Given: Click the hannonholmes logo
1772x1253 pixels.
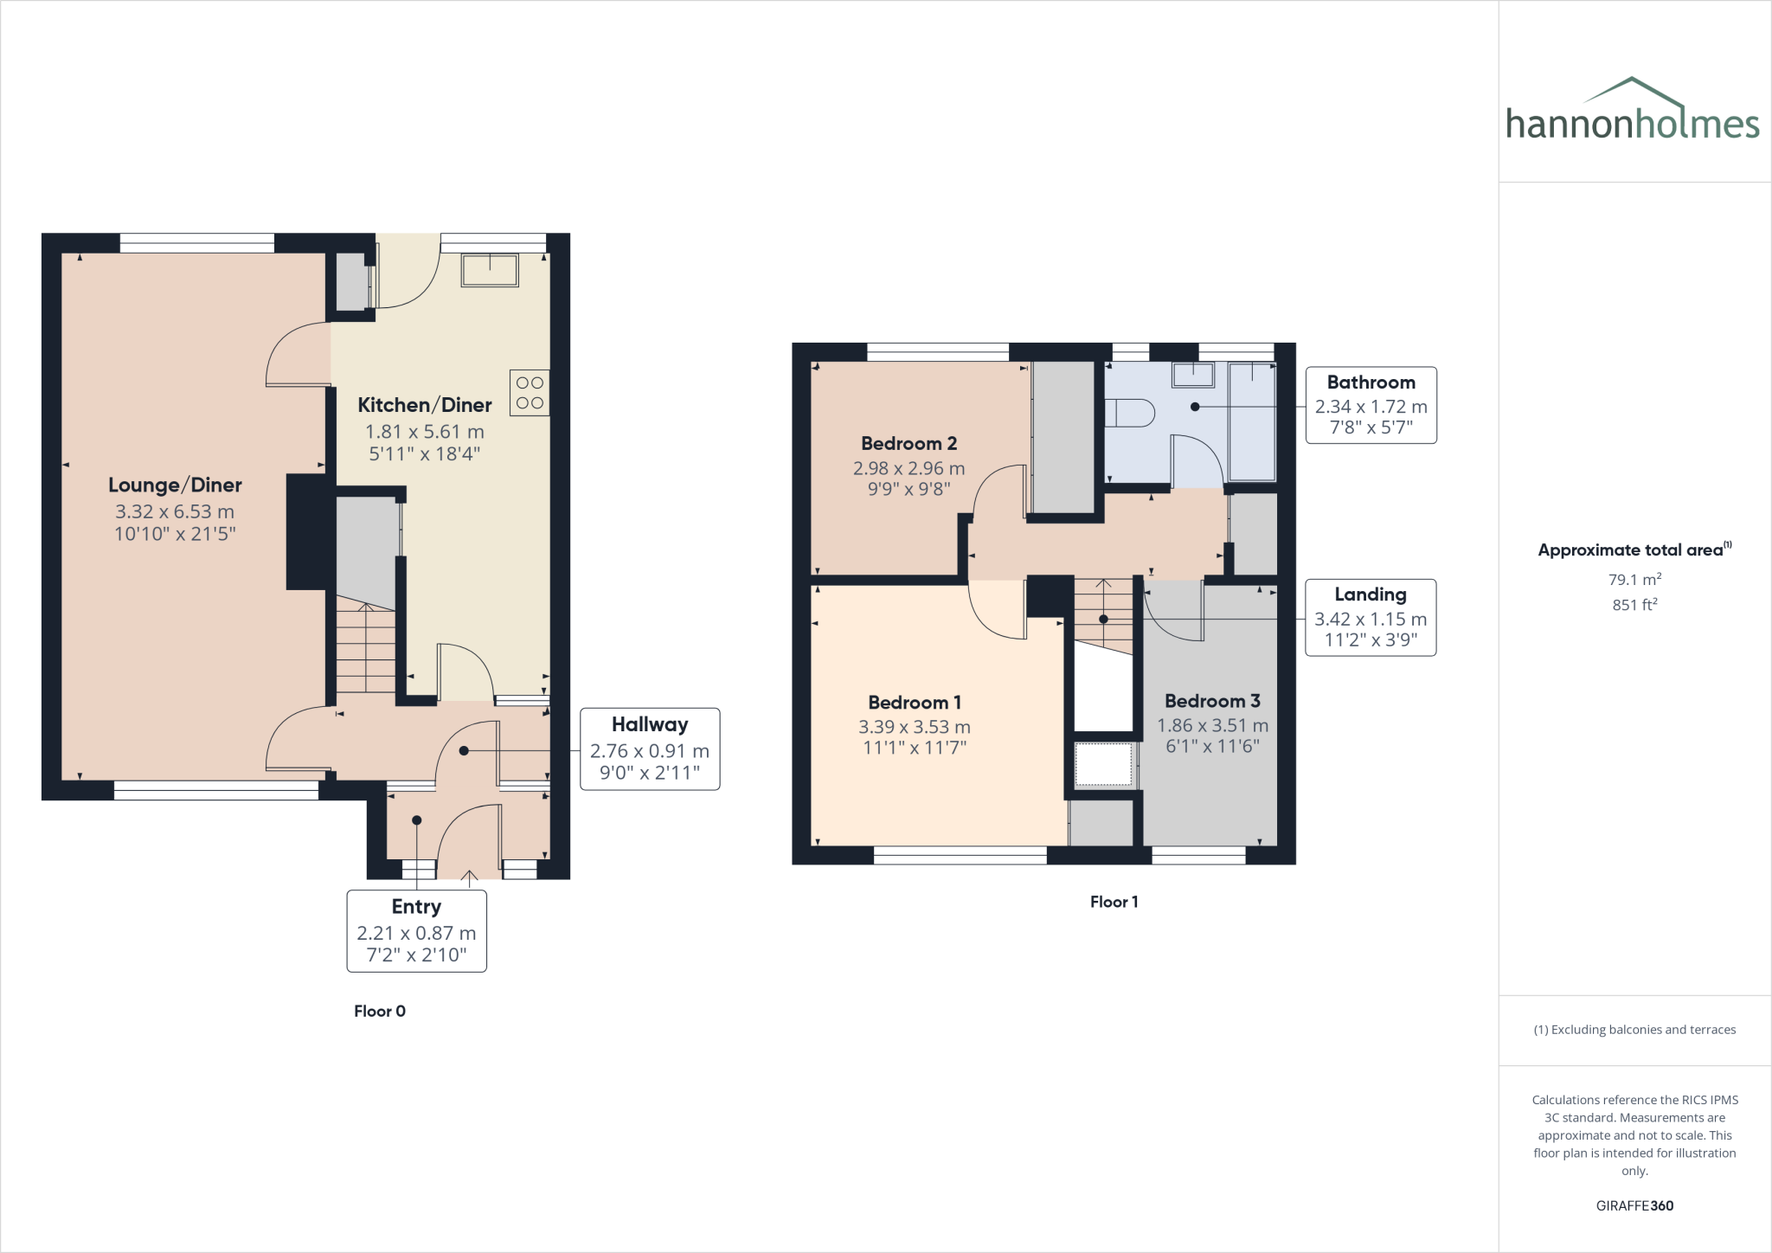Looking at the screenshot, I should pyautogui.click(x=1632, y=112).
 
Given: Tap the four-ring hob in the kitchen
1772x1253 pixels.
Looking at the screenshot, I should pyautogui.click(x=530, y=393).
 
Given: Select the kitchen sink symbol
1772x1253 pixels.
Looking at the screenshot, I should pyautogui.click(x=490, y=269).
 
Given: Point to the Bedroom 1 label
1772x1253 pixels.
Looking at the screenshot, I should pyautogui.click(x=915, y=703).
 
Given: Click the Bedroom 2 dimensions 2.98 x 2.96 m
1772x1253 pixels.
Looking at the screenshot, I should pyautogui.click(x=908, y=468).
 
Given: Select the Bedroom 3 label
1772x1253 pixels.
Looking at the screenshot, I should pyautogui.click(x=1212, y=701).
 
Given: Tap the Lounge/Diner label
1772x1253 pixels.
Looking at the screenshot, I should pyautogui.click(x=175, y=485).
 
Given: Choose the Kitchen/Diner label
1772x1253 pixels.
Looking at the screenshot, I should pyautogui.click(x=425, y=405).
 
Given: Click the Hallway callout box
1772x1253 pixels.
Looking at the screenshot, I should pyautogui.click(x=650, y=749).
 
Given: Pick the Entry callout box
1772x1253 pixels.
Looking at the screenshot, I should pyautogui.click(x=416, y=931).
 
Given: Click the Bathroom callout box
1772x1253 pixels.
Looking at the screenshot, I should pyautogui.click(x=1371, y=405).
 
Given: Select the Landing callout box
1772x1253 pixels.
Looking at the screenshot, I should pyautogui.click(x=1371, y=617).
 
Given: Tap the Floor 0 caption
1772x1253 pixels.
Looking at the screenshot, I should pyautogui.click(x=379, y=1011).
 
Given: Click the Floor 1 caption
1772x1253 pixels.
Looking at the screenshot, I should pyautogui.click(x=1114, y=902).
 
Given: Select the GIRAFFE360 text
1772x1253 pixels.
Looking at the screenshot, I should pyautogui.click(x=1634, y=1205).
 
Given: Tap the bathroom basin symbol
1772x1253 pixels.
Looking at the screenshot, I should pyautogui.click(x=1193, y=374).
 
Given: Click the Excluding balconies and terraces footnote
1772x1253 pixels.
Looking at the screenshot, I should pyautogui.click(x=1634, y=1030).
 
